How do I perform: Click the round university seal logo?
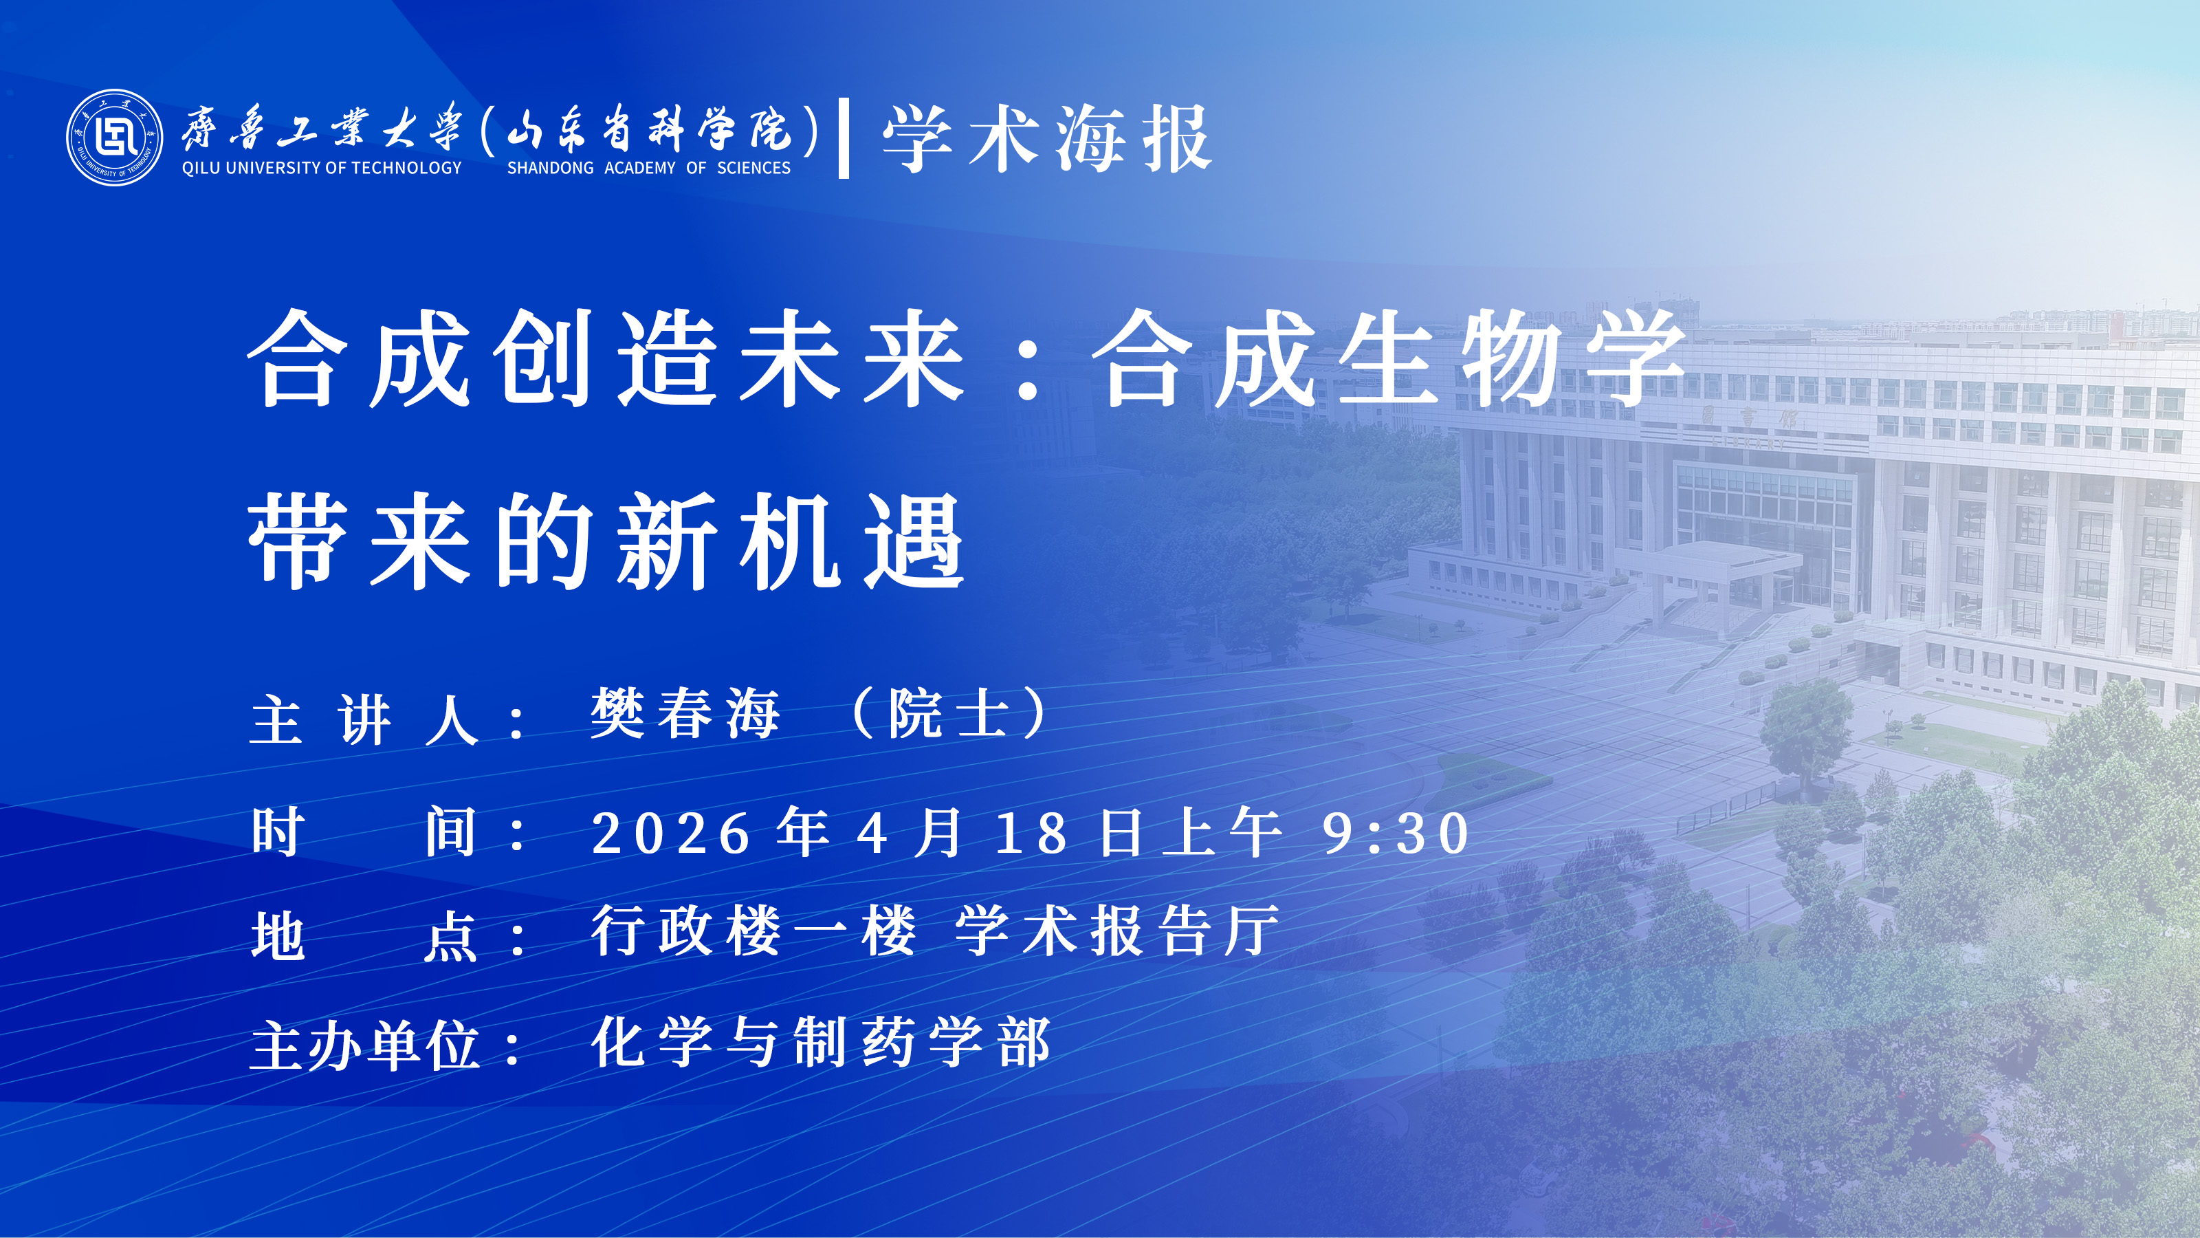point(114,138)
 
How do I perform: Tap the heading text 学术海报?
point(1047,138)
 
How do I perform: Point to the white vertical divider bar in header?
point(844,138)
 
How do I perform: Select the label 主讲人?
point(364,720)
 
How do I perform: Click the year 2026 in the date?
point(671,834)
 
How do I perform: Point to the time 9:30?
point(1396,834)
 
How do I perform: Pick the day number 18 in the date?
point(1032,834)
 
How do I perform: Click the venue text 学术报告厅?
point(1117,931)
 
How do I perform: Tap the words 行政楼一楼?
point(754,931)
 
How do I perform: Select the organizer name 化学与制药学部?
point(821,1043)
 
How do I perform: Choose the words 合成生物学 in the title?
point(1389,359)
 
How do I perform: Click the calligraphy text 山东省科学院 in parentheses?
point(649,129)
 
